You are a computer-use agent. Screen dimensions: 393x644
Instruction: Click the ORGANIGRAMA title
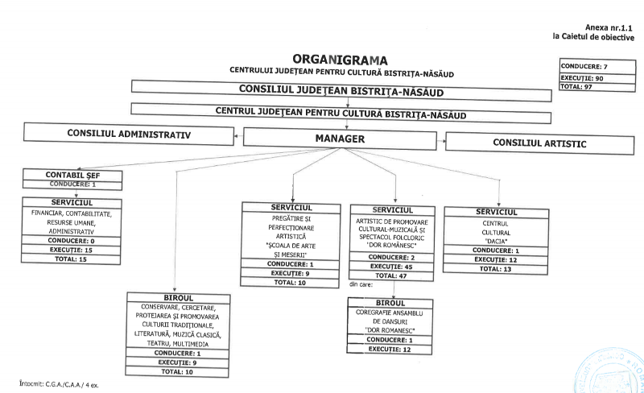[341, 60]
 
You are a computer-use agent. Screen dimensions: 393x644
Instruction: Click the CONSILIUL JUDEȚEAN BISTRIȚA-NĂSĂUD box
[341, 90]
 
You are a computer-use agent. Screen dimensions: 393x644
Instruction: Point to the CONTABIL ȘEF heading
[72, 175]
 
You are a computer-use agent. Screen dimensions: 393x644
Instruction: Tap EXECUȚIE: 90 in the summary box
[581, 78]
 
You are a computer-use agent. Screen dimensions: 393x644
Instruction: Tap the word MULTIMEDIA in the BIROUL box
[194, 342]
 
